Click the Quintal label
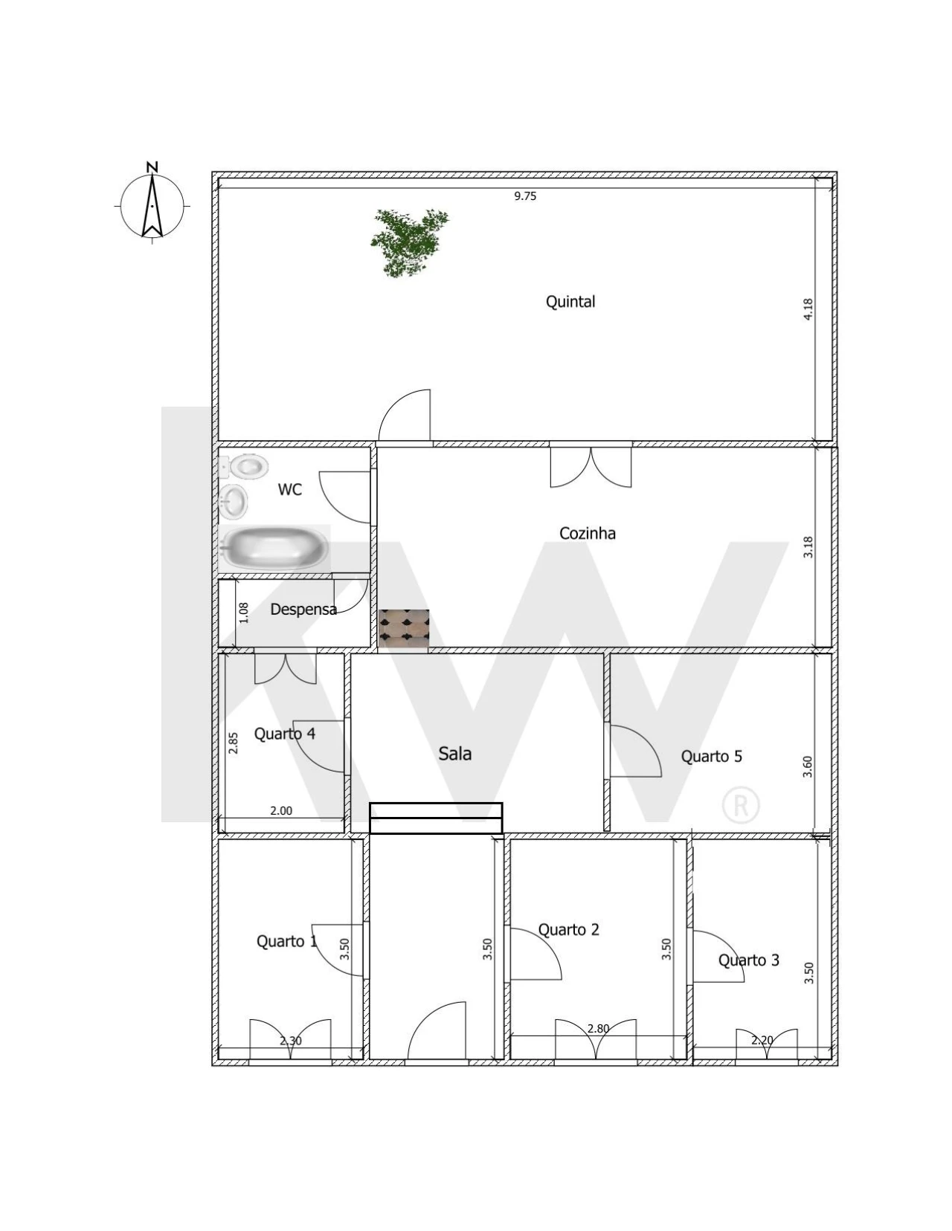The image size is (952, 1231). pos(570,302)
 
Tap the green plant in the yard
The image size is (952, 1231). pos(409,242)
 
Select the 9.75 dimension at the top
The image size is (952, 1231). pos(525,196)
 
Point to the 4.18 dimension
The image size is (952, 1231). pos(808,309)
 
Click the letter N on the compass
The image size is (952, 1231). pos(152,167)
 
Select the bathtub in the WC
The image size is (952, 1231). pos(275,549)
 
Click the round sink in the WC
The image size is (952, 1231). pos(233,501)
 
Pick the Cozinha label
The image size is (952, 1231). pos(587,533)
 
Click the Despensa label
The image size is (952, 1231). pos(303,610)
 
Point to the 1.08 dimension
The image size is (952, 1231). pos(244,613)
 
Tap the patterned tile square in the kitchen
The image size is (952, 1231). pos(403,628)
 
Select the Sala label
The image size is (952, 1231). pos(454,754)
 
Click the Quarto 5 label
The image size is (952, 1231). pos(711,756)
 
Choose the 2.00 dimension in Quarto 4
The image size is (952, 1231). pos(281,811)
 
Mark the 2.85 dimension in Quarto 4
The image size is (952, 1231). pos(233,743)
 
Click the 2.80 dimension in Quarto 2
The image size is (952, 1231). pos(599,1028)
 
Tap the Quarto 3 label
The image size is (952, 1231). pos(748,960)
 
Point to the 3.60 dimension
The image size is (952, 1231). pos(808,766)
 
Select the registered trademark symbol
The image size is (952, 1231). pos(742,804)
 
